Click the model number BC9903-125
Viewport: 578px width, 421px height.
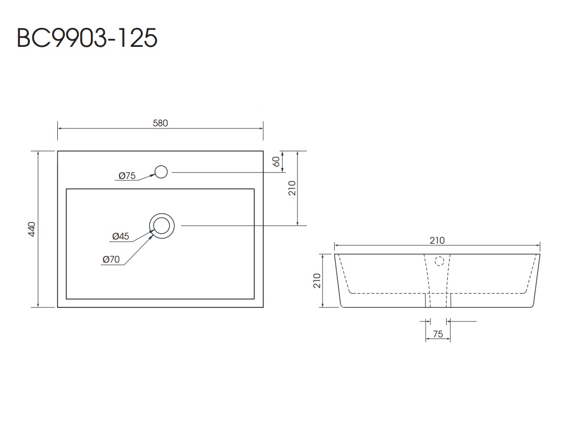pos(87,38)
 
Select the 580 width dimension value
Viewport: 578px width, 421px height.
pos(160,123)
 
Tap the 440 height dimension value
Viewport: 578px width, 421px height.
pos(32,229)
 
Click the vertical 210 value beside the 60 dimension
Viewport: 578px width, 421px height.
pos(293,188)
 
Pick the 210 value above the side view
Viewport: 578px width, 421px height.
pos(437,240)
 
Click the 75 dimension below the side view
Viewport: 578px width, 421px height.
pos(437,334)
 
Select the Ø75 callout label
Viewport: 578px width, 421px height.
pos(127,176)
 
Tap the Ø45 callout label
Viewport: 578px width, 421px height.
pos(120,237)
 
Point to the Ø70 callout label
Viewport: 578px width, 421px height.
pos(112,259)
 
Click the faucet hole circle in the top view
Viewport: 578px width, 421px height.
pos(161,172)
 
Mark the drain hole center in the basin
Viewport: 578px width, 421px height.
pos(161,225)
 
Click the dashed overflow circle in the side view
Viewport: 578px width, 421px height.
pos(440,260)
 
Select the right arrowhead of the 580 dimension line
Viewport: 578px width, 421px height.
pos(261,128)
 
